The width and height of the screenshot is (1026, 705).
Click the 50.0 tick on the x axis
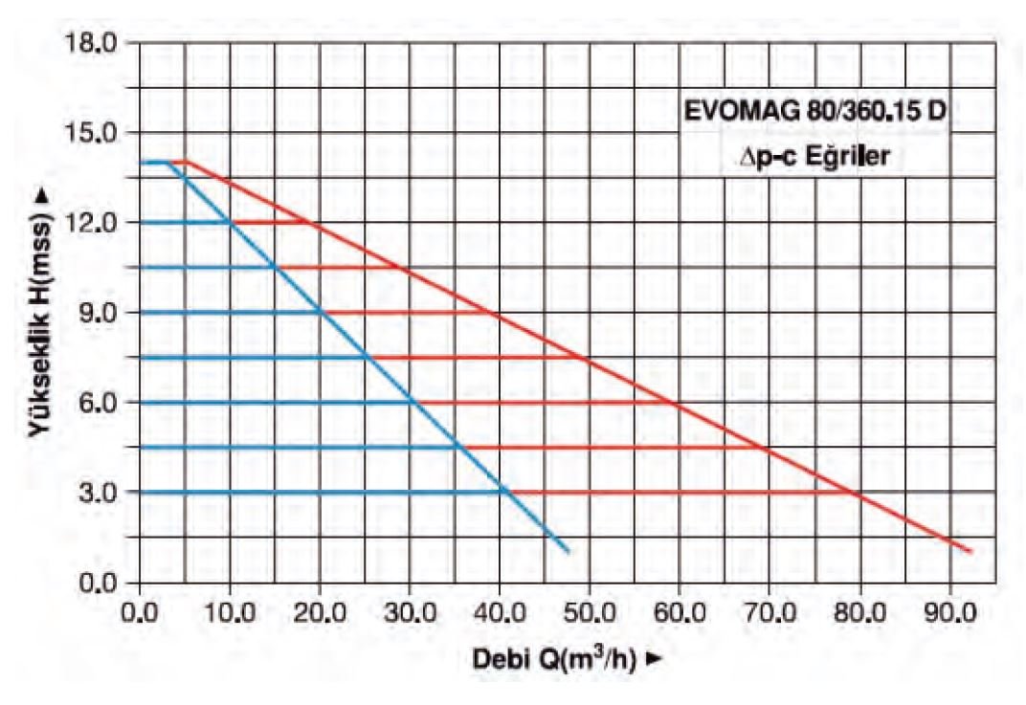(x=589, y=606)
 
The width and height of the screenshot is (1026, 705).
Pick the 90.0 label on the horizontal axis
(x=948, y=606)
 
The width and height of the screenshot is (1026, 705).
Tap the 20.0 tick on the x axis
(x=319, y=606)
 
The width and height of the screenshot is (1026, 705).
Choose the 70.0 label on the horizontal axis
(x=769, y=606)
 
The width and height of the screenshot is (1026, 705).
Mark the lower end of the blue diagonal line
(x=569, y=552)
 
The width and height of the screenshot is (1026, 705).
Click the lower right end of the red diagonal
(x=970, y=552)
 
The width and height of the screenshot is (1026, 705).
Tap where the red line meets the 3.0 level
(x=859, y=494)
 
